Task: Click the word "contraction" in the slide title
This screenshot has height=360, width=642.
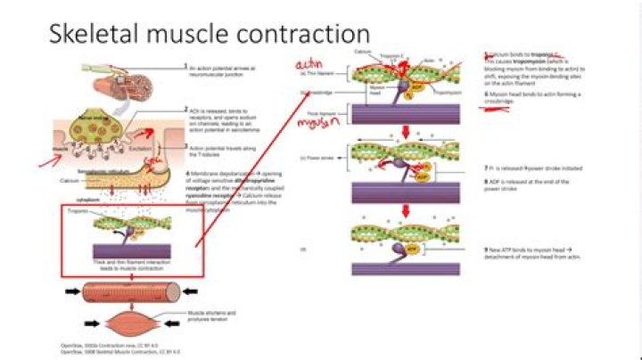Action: point(302,35)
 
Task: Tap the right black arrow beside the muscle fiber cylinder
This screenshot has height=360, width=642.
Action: point(195,291)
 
